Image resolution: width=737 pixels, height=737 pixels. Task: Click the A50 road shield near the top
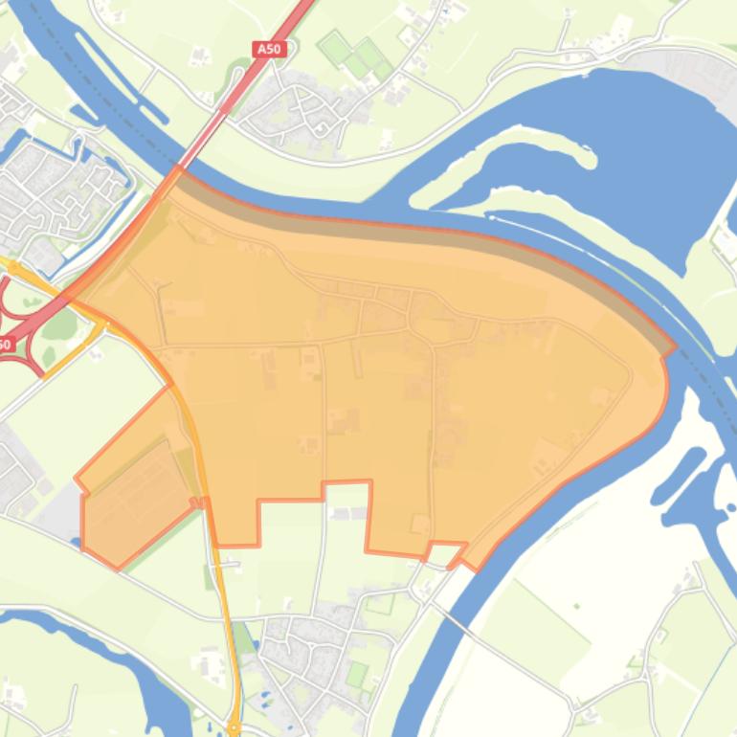tap(271, 49)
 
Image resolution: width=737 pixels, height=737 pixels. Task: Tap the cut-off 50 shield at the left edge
tap(5, 344)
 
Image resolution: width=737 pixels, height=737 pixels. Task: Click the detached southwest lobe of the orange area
tap(134, 488)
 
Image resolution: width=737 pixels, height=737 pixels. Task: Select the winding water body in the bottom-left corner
tap(144, 670)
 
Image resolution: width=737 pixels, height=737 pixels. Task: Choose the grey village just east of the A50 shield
tap(292, 110)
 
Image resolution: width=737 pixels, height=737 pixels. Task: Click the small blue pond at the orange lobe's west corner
tap(76, 543)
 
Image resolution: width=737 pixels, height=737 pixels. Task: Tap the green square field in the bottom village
tap(356, 674)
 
